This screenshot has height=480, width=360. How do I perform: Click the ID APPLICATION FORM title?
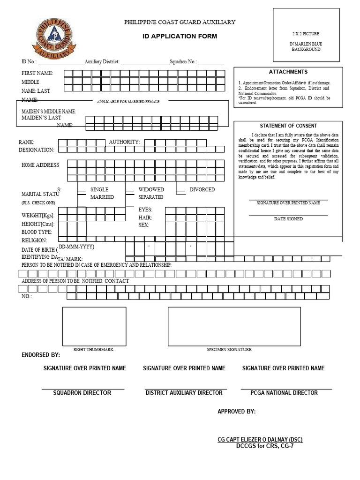point(180,36)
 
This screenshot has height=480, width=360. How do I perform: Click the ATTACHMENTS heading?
point(288,72)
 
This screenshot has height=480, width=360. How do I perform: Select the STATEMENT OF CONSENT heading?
point(288,126)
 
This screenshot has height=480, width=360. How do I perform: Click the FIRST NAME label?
point(37,73)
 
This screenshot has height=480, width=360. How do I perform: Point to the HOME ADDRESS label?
point(40,165)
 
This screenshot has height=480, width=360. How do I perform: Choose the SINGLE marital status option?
point(99,189)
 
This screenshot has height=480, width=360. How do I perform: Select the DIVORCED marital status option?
point(202,189)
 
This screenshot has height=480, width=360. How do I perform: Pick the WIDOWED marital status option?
point(151,189)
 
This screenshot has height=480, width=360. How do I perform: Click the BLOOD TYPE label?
point(37,232)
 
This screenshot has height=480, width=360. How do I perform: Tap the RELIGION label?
point(35,240)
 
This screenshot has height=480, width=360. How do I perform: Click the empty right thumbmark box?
point(94,326)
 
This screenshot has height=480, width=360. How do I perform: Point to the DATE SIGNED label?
point(288,219)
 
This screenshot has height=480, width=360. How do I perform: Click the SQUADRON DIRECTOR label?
point(82,393)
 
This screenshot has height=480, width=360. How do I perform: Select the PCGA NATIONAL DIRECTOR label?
point(284,393)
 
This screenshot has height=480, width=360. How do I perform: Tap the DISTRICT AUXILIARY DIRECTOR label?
point(184,393)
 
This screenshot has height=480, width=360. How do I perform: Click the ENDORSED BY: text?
point(41,355)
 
